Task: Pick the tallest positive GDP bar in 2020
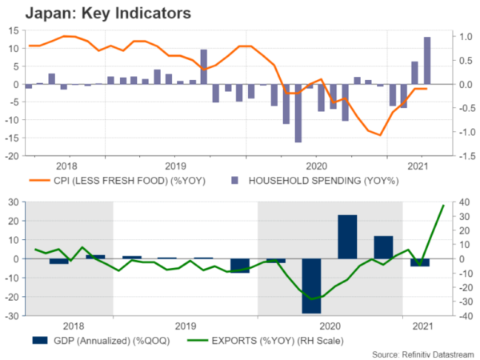tap(347, 237)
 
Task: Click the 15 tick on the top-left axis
tap(14, 30)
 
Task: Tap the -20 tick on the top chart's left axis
tap(13, 156)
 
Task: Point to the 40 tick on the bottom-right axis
tap(453, 202)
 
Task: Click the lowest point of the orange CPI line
tap(380, 135)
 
